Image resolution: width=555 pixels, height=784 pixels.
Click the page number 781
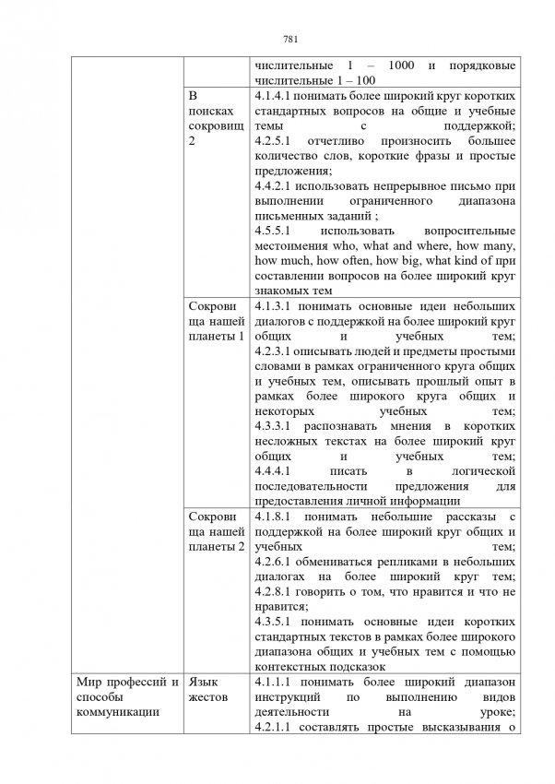click(289, 39)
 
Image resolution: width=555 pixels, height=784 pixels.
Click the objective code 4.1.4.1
click(273, 96)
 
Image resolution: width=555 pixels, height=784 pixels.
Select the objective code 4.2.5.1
click(273, 140)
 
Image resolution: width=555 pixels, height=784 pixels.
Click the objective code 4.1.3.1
click(273, 305)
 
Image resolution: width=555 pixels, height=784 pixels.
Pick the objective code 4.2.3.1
click(273, 350)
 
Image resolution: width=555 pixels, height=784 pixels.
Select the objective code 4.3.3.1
click(273, 425)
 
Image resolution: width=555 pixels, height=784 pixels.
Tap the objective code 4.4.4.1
click(273, 470)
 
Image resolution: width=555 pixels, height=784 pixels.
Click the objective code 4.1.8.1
click(273, 516)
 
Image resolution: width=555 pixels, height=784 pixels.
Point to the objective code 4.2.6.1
click(273, 561)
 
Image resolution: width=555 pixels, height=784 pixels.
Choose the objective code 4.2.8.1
click(273, 591)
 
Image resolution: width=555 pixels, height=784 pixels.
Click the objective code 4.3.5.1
click(273, 622)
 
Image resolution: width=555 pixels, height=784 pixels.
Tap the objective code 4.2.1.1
click(273, 727)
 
